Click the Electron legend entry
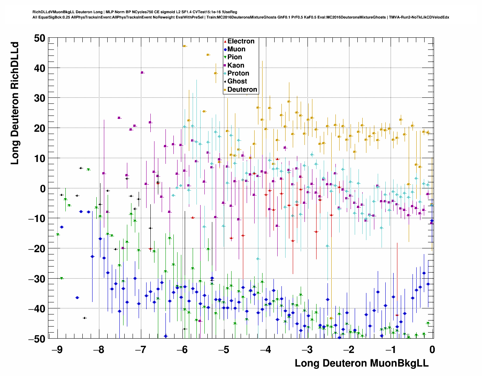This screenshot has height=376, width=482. (x=241, y=41)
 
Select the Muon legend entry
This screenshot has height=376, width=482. (x=236, y=49)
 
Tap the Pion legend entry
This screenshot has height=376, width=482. (x=235, y=57)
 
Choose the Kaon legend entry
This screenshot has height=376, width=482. (x=236, y=65)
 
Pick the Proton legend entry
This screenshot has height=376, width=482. (x=238, y=73)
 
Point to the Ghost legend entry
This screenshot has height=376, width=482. (x=237, y=81)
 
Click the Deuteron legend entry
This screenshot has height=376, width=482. (x=242, y=89)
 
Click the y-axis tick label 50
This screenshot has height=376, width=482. (x=39, y=38)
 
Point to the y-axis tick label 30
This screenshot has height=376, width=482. (x=39, y=98)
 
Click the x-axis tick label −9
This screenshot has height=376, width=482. (x=57, y=350)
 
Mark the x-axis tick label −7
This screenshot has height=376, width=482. (x=140, y=350)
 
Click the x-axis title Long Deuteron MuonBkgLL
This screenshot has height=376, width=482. (x=361, y=363)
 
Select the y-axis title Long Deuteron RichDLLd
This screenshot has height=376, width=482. (x=14, y=103)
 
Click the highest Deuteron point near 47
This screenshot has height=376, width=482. (x=185, y=46)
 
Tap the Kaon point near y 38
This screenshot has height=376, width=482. (x=142, y=72)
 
